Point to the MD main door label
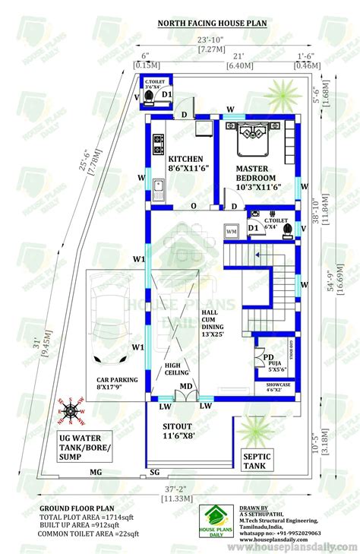(185, 387)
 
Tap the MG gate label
(96, 473)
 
